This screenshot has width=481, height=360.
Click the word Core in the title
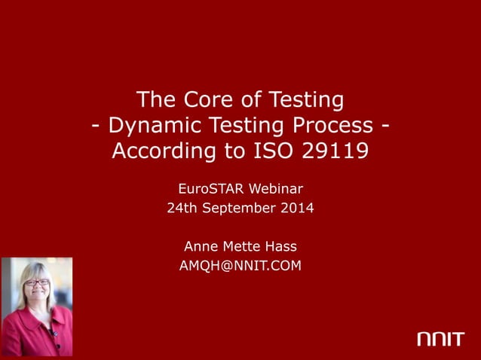[200, 99]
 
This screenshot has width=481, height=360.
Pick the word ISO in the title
[270, 151]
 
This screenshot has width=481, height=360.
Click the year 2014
[296, 208]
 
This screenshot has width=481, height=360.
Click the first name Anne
[200, 246]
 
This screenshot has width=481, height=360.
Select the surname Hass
[281, 246]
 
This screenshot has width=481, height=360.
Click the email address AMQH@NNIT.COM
[240, 265]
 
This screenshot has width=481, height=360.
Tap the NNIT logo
[440, 340]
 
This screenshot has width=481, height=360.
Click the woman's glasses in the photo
[37, 282]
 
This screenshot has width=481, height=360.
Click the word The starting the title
[155, 99]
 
